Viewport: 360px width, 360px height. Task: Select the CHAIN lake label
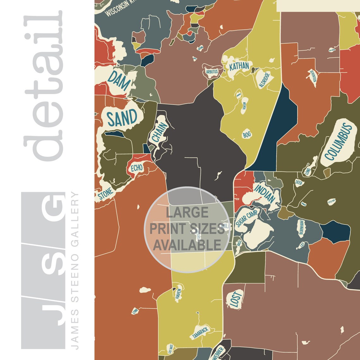[x=158, y=134]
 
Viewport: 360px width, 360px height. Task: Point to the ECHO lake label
[x=137, y=168]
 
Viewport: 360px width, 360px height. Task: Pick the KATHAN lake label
[x=239, y=67]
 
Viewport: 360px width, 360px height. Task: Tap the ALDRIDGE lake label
[x=264, y=80]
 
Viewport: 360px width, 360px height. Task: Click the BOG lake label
[x=247, y=135]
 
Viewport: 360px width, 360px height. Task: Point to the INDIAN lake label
[x=265, y=194]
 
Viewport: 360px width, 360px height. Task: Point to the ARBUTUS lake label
[x=212, y=72]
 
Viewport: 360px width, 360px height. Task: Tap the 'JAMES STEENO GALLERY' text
[x=75, y=270]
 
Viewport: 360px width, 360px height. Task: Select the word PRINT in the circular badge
[x=168, y=229]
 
